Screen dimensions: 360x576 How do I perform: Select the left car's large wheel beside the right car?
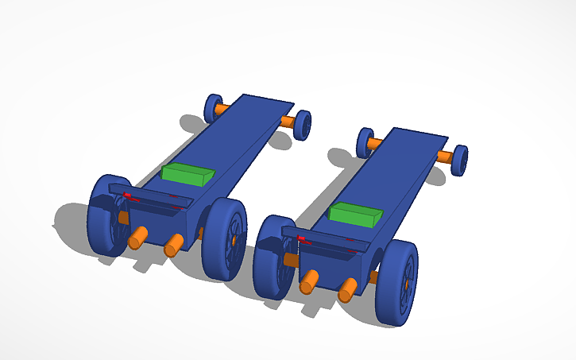tap(224, 239)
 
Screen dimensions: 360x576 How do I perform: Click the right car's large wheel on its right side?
tap(396, 284)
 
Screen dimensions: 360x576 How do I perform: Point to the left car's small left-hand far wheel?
tap(212, 108)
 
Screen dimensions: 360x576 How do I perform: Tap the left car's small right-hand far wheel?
tap(303, 126)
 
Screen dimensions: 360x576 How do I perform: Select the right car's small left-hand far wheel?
tap(365, 142)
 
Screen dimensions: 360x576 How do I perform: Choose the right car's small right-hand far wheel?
tap(458, 160)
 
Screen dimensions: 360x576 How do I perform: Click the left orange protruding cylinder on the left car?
tap(137, 237)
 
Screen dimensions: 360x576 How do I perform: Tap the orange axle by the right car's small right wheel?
tap(446, 157)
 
